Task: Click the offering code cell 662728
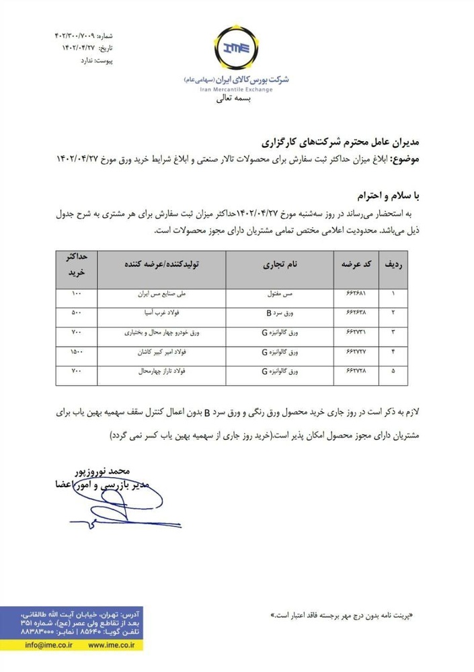pyautogui.click(x=354, y=370)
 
